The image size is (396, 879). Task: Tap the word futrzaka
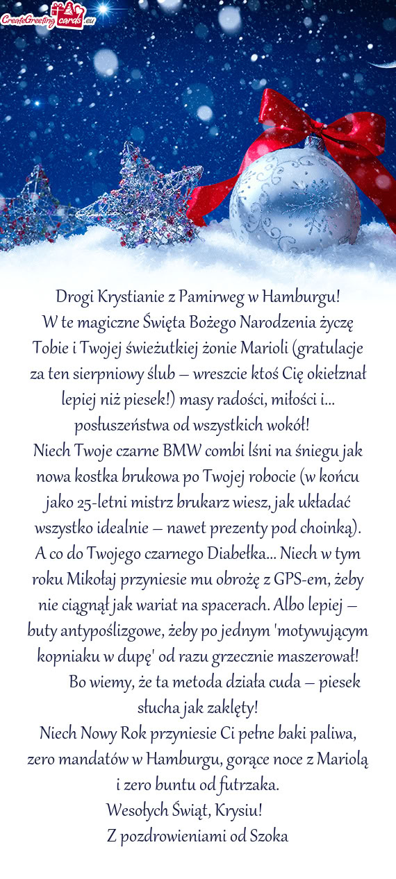pyautogui.click(x=248, y=785)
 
